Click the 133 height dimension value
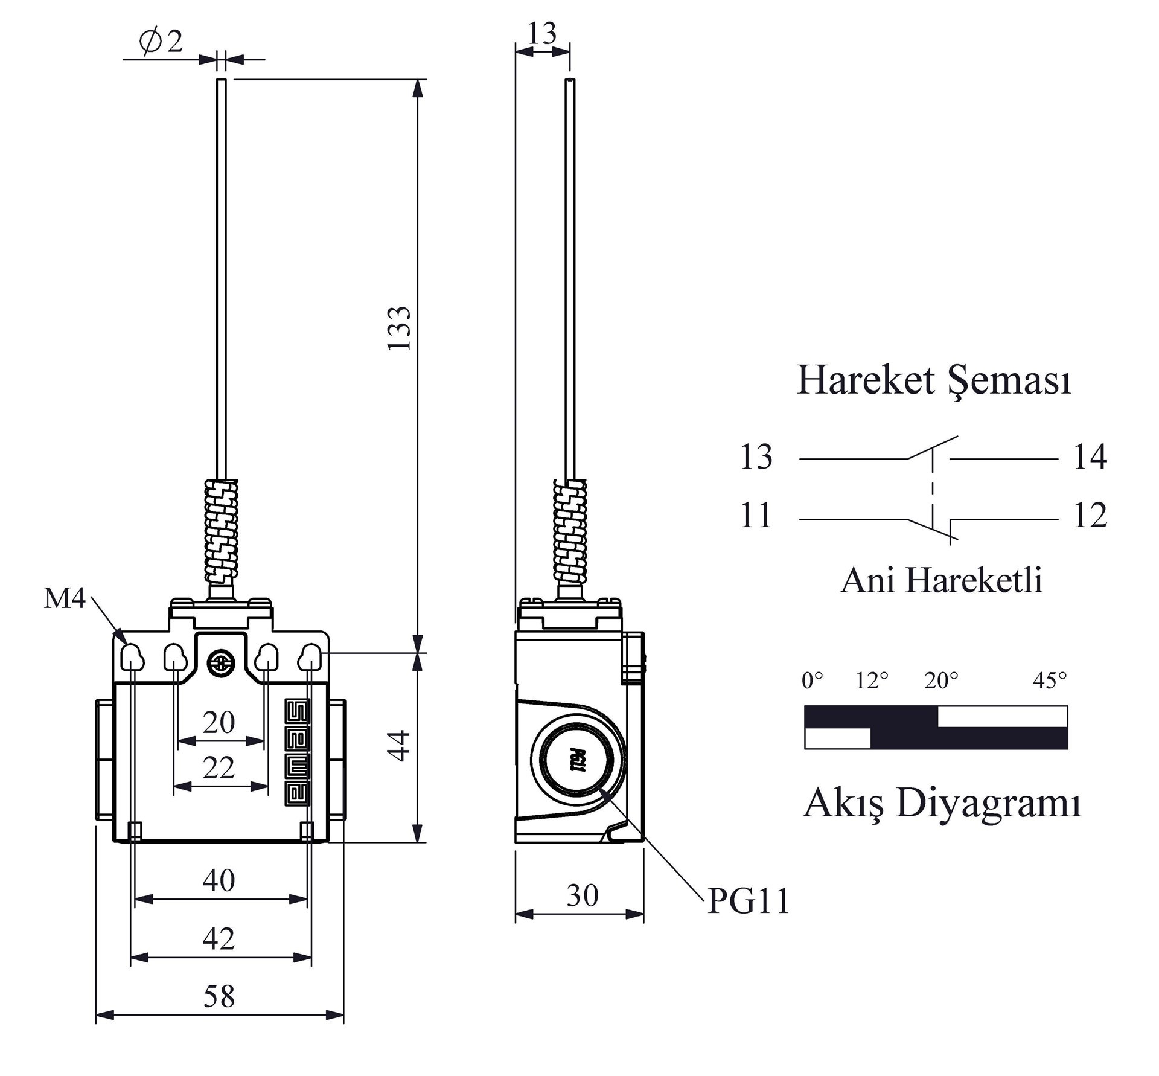click(x=399, y=328)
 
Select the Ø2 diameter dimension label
click(x=161, y=42)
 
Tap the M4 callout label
click(x=65, y=598)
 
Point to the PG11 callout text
click(x=749, y=901)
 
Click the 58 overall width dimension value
click(x=219, y=996)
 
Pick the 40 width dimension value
click(x=219, y=880)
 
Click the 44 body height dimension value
click(x=399, y=746)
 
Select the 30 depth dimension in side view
click(x=582, y=895)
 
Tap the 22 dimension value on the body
click(x=219, y=768)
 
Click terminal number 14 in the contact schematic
click(x=1090, y=457)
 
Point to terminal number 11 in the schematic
click(x=756, y=516)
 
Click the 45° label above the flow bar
click(x=1050, y=681)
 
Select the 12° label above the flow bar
click(x=872, y=681)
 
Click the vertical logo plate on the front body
click(x=298, y=752)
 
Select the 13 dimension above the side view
click(x=542, y=34)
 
